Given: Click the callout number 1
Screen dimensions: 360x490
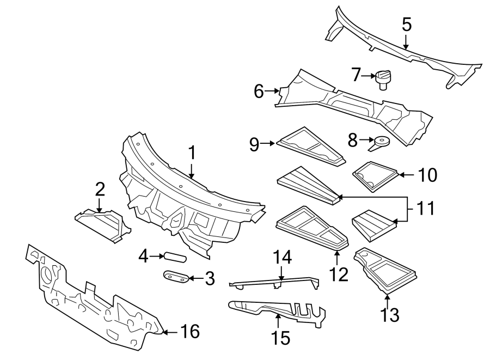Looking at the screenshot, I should (x=191, y=154).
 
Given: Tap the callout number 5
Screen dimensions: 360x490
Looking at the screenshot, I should (x=407, y=25).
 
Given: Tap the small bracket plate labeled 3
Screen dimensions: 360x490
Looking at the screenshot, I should (x=176, y=277).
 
